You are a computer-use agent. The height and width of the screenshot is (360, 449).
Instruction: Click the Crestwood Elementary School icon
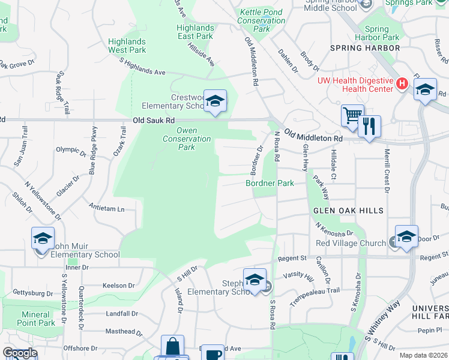[214, 100]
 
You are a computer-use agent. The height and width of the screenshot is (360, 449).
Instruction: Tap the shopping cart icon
[352, 115]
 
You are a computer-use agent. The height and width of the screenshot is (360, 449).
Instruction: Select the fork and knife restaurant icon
[369, 126]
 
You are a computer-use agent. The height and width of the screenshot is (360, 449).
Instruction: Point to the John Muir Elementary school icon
[43, 238]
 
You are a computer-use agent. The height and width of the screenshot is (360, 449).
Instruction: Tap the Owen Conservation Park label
[187, 139]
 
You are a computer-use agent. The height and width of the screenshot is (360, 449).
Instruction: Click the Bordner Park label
[270, 183]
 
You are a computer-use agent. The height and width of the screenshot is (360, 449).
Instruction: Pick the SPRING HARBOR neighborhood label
[365, 47]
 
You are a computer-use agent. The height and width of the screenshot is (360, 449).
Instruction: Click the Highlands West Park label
[127, 46]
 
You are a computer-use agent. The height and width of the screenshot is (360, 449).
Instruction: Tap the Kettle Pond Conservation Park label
[262, 20]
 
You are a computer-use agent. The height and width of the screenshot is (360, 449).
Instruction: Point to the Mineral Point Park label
[35, 319]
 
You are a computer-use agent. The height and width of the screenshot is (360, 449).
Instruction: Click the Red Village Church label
[351, 243]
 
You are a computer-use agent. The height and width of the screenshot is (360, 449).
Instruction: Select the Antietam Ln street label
[106, 209]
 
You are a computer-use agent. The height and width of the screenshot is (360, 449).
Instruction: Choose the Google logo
[19, 353]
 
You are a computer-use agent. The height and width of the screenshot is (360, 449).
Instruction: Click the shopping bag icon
[172, 346]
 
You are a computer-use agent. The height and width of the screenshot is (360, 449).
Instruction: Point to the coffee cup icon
[212, 354]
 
